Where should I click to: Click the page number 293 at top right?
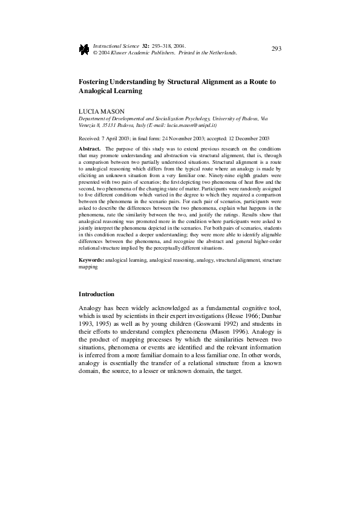(277, 48)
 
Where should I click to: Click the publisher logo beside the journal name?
(84, 49)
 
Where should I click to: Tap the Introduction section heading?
(96, 294)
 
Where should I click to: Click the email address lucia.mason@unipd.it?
(195, 125)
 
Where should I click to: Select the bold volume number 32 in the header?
(145, 45)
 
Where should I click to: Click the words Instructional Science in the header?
(116, 45)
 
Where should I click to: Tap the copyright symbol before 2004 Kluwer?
(94, 52)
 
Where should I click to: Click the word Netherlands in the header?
(220, 52)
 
